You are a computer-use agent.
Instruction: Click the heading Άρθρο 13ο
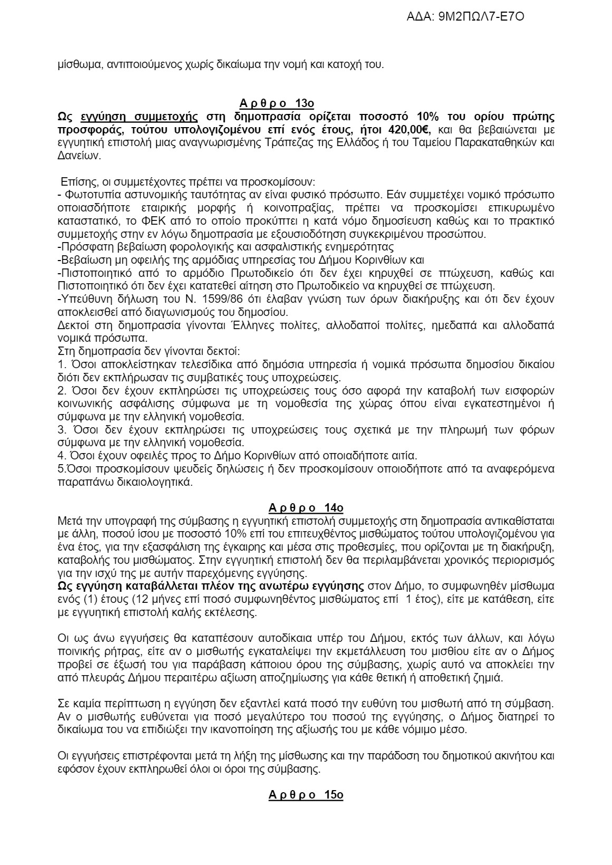coord(305,103)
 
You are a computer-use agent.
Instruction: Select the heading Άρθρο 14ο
coord(305,508)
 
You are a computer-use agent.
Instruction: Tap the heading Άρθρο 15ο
coord(305,794)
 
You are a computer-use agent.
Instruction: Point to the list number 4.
coord(60,455)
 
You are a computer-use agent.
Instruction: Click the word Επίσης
coord(78,182)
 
